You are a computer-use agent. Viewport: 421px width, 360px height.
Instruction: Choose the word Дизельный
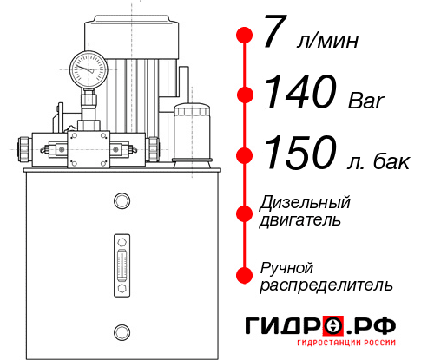click(306, 203)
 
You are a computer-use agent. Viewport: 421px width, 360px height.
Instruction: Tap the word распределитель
click(326, 285)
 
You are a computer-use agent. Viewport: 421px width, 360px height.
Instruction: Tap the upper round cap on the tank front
click(121, 201)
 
